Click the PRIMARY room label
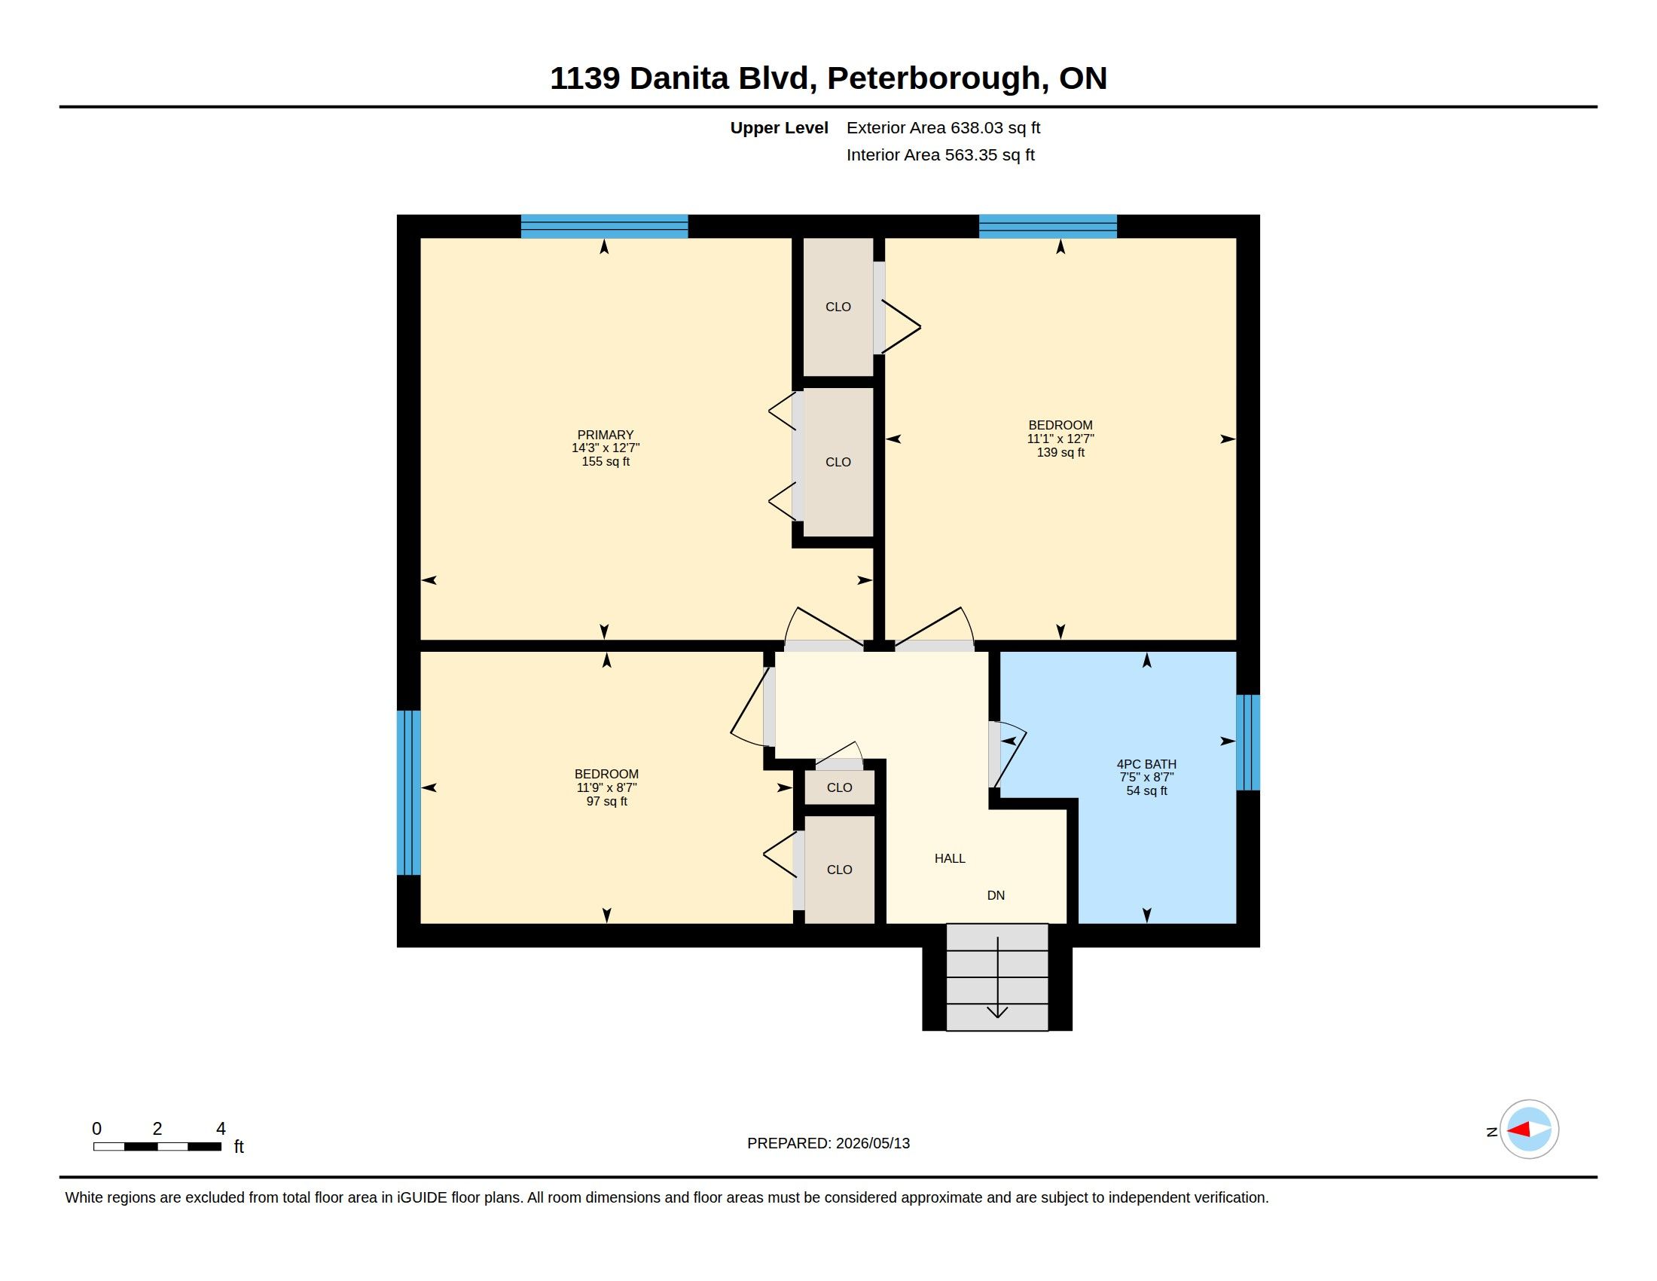606,436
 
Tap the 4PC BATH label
1146,764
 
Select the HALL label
950,858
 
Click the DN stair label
996,895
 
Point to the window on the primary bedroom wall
604,226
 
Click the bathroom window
1248,743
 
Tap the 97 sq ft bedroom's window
409,793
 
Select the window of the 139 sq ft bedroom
1048,226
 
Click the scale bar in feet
157,1147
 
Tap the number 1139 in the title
585,78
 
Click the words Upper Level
780,128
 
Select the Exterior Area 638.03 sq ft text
943,128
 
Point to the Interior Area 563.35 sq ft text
940,154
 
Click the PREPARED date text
828,1143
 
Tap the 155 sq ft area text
606,461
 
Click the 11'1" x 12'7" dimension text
1060,439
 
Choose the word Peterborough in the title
933,79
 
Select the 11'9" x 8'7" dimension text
606,787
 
